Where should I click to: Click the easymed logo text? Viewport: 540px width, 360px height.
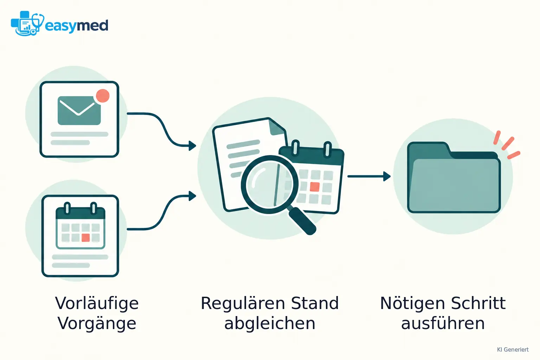click(x=76, y=26)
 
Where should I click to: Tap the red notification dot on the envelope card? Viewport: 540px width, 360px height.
click(x=103, y=96)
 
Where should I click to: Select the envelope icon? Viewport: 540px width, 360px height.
click(x=79, y=110)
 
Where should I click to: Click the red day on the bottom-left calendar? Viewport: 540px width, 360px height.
click(x=85, y=238)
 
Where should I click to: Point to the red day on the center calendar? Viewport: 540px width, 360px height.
click(x=315, y=187)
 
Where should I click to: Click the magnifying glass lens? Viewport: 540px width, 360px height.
click(x=270, y=185)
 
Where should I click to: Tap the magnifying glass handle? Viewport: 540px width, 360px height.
click(x=303, y=221)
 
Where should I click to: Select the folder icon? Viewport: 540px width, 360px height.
click(x=454, y=177)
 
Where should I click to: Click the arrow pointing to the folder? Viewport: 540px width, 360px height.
click(x=369, y=176)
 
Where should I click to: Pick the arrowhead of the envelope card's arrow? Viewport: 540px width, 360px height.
click(x=192, y=146)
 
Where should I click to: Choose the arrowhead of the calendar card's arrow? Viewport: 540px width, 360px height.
click(x=192, y=196)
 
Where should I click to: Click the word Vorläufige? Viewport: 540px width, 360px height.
click(x=97, y=303)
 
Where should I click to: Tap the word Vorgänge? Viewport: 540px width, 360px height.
click(x=97, y=323)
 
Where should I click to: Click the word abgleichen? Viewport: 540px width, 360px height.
click(x=270, y=323)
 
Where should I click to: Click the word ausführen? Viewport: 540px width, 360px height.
click(x=443, y=323)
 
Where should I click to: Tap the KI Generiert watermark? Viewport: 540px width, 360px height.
click(x=513, y=349)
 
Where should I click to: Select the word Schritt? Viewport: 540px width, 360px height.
click(x=478, y=303)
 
